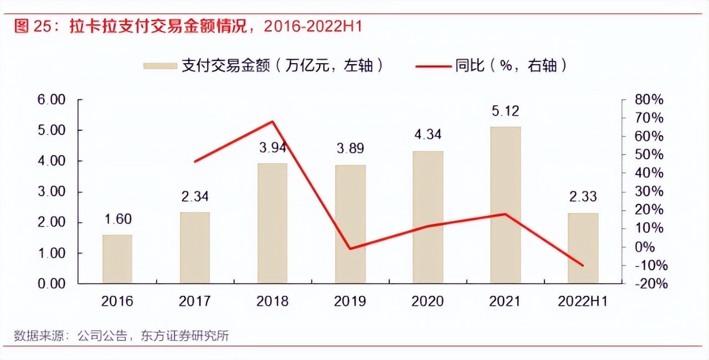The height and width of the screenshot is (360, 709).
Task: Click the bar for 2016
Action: tap(117, 259)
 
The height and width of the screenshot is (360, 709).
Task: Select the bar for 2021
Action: tap(505, 205)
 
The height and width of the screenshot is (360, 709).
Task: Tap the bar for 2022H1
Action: tap(583, 248)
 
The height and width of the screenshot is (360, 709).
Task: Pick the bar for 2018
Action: tap(272, 223)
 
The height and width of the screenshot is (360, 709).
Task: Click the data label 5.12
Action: tap(505, 111)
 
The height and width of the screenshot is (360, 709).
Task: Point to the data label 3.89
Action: tap(350, 149)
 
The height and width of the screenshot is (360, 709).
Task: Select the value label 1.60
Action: tap(117, 219)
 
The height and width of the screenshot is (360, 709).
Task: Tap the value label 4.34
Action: tap(428, 135)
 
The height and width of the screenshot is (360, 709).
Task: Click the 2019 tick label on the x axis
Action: tap(350, 301)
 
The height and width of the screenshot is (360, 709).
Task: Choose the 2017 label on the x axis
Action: tap(195, 301)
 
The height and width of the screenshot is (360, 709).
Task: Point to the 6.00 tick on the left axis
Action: tap(50, 100)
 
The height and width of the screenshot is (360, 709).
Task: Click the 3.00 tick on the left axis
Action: tap(50, 192)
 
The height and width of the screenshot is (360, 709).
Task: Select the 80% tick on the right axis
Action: tap(649, 100)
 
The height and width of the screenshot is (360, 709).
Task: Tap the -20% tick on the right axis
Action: tap(649, 284)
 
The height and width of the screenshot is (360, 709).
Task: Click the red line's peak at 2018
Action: tap(273, 121)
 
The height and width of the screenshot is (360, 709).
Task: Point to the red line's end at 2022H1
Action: tap(583, 265)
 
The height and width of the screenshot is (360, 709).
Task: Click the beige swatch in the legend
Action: tap(160, 66)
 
